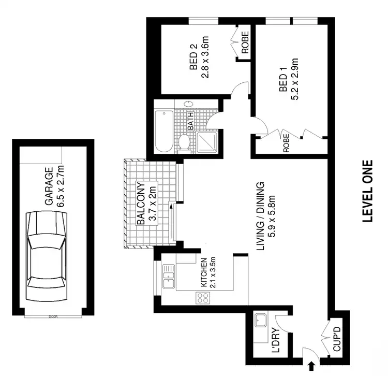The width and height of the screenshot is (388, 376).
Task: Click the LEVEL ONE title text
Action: point(367,190)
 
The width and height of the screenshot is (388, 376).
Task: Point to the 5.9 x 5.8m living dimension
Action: point(270,217)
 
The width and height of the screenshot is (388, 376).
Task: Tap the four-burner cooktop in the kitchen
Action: point(202,298)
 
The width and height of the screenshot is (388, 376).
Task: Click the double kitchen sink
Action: point(169,277)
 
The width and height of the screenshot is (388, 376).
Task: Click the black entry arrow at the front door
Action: point(311,367)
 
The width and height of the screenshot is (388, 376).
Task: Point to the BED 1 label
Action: point(283,83)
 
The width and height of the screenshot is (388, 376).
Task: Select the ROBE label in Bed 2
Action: point(245,43)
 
